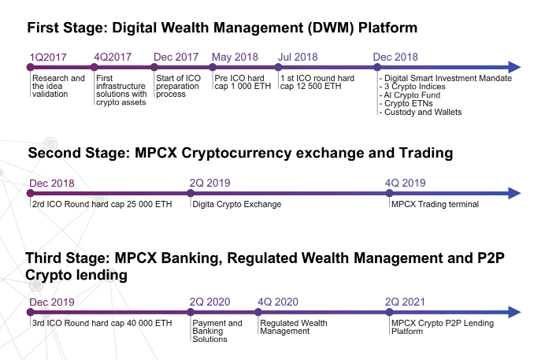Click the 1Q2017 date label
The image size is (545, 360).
pos(48,57)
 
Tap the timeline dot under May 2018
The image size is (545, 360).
pos(213,67)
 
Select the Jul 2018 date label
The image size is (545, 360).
pos(298,57)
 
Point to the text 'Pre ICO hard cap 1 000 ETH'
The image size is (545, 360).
pos(243,82)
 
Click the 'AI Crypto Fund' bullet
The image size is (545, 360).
pos(410,95)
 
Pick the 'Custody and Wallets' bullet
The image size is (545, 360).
pos(421,112)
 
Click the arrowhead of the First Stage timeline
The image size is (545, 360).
pos(514,67)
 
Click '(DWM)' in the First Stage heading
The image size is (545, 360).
pos(331,28)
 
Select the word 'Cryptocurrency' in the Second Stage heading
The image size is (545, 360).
pos(236,154)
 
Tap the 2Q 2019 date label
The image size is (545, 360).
pos(210,183)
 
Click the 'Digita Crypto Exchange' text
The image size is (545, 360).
pos(237,204)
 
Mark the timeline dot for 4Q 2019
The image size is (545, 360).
pos(389,193)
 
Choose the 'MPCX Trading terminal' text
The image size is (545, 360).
pos(435,204)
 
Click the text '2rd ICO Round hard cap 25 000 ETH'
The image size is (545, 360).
pos(102,204)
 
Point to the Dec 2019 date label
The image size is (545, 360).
pos(52,302)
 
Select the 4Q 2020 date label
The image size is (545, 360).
pos(278,302)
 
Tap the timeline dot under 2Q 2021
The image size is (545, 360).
pos(389,312)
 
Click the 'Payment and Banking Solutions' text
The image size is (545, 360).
pos(217,331)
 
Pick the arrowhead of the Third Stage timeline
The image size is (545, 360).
pos(514,312)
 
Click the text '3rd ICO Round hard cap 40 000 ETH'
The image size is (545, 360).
pos(102,323)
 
